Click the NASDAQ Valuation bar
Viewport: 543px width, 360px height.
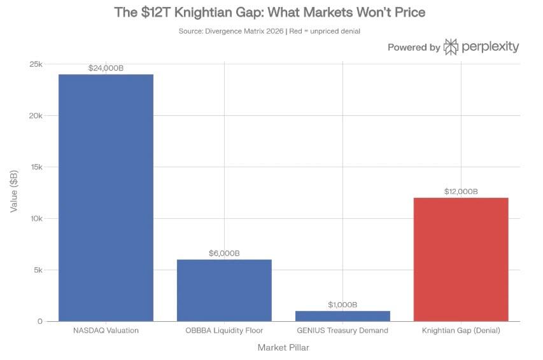106,197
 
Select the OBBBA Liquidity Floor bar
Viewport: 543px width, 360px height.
224,290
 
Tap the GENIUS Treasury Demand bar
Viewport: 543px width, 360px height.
342,315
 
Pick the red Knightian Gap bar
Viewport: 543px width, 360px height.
461,260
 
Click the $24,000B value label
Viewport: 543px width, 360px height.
106,67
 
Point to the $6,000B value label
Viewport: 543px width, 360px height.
224,253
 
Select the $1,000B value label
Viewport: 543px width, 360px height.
342,305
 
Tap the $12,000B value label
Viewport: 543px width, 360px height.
461,191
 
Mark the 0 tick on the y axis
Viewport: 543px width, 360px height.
39,321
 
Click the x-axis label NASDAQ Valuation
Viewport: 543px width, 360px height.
106,331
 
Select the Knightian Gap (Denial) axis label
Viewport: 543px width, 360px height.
461,331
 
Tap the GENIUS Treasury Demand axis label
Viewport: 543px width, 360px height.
342,331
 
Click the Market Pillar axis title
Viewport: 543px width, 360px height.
283,348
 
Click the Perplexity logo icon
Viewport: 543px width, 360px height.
451,46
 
